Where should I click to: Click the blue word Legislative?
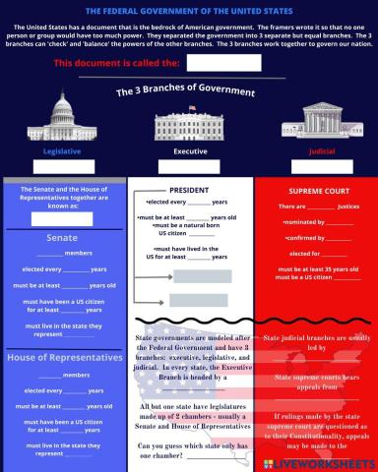(62, 151)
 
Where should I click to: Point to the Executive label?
(190, 151)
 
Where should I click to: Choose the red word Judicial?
(314, 151)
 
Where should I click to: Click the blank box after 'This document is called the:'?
(223, 63)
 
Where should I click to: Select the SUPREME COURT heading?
(315, 190)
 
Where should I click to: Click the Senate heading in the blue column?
(62, 237)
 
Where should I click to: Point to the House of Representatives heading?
(64, 357)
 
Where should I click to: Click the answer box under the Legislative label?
(63, 166)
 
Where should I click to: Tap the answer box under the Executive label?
(190, 166)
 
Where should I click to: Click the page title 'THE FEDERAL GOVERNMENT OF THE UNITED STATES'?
(189, 10)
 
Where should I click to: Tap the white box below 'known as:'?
(63, 218)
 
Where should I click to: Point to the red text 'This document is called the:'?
(116, 63)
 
